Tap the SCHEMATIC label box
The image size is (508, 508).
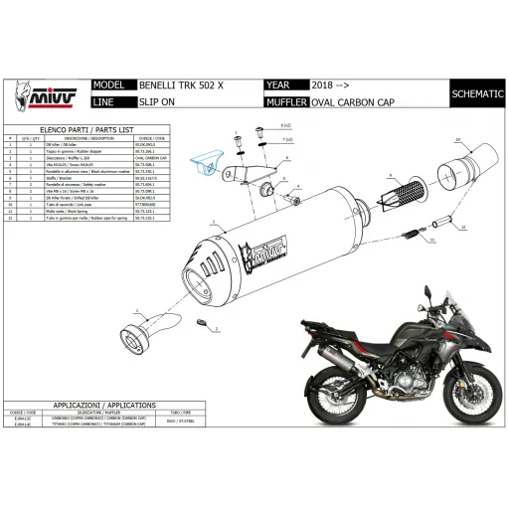pos(475,94)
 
